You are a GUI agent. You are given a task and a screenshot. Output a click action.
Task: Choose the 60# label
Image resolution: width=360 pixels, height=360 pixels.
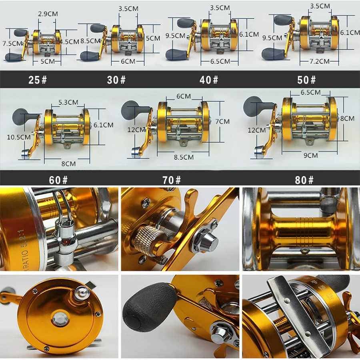(x=58, y=180)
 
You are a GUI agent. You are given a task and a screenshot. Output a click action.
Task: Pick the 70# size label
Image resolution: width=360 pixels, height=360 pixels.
(x=172, y=180)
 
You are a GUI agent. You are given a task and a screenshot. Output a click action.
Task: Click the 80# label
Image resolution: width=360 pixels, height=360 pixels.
(x=304, y=180)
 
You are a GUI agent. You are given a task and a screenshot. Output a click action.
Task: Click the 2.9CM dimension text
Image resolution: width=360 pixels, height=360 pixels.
(x=48, y=14)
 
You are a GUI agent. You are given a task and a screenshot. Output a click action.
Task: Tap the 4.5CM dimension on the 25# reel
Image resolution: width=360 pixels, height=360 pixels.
(x=69, y=41)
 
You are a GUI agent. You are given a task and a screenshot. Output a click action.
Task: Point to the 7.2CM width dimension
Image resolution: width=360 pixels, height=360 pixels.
(x=319, y=61)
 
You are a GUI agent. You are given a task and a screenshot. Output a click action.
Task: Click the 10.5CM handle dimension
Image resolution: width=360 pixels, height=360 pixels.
(x=18, y=137)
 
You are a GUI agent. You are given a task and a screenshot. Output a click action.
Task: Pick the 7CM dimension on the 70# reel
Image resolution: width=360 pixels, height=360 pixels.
(x=224, y=121)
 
